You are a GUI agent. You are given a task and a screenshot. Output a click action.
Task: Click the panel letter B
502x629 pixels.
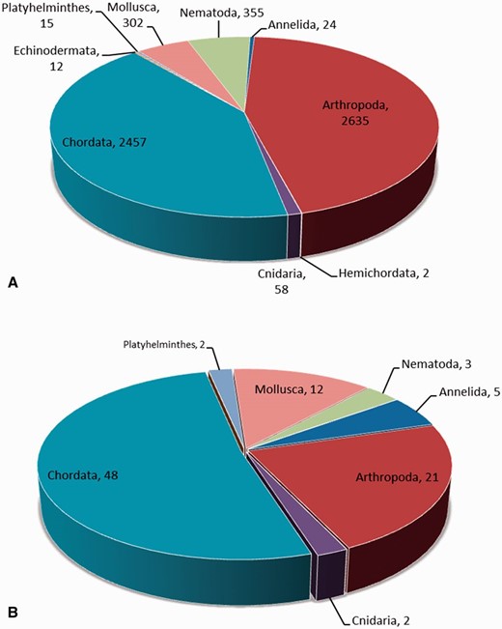coord(14,611)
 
